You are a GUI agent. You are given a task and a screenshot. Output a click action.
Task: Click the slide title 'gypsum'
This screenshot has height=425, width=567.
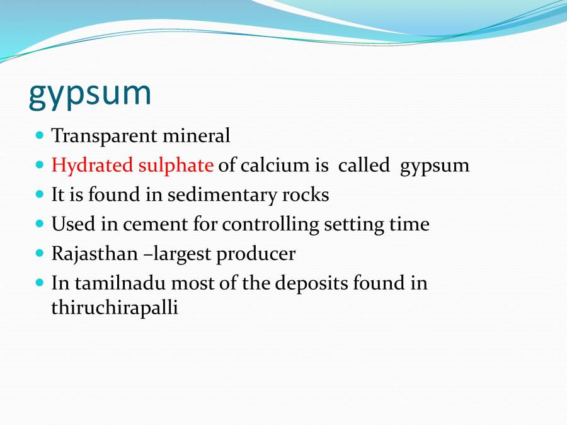(x=90, y=93)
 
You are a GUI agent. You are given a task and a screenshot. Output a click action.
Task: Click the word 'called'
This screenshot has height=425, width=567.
(x=364, y=165)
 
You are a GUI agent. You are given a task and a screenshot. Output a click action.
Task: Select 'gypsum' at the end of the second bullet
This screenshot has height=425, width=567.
(x=435, y=166)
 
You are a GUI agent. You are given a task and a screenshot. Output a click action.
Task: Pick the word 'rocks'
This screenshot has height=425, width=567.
(x=305, y=195)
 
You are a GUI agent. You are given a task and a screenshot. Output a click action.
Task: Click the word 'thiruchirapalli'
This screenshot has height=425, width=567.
(x=115, y=309)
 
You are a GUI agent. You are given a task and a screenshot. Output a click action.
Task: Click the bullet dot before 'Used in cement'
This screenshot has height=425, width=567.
(x=40, y=224)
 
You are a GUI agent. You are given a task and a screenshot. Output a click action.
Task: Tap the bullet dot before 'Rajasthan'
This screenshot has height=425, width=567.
(x=40, y=253)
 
